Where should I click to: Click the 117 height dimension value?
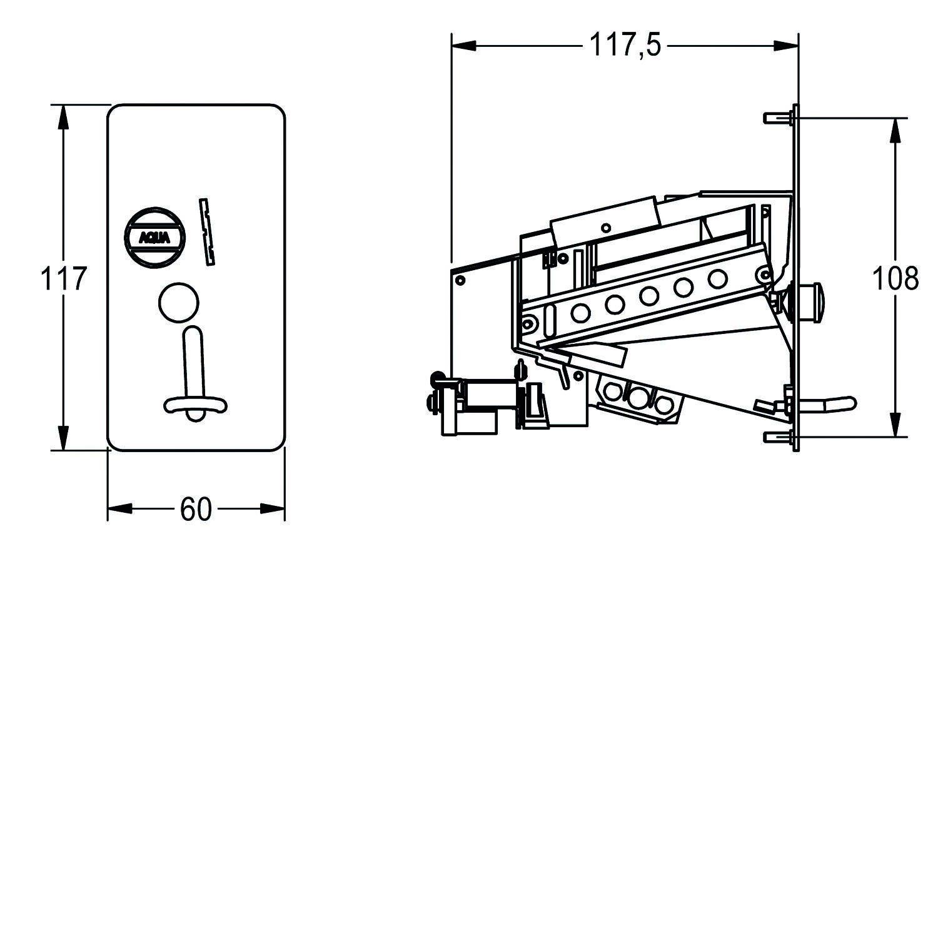tap(63, 278)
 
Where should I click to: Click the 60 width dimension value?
tap(196, 509)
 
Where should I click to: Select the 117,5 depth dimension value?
tap(625, 46)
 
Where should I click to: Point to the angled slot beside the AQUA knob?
tap(207, 231)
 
